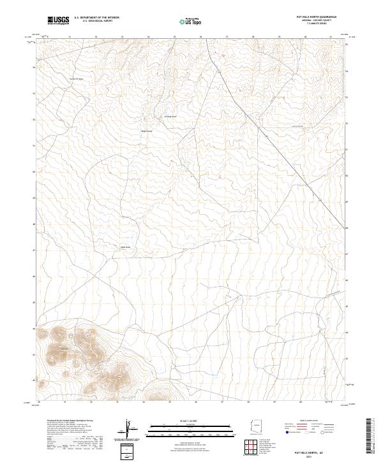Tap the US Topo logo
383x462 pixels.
[x=191, y=21]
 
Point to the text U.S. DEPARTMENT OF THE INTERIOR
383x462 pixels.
[x=96, y=17]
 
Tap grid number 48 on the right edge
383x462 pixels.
[x=347, y=227]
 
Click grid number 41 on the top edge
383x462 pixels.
[x=332, y=38]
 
